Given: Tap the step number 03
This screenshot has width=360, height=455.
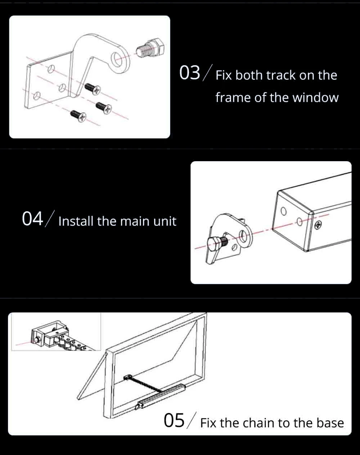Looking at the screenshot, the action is click(189, 73).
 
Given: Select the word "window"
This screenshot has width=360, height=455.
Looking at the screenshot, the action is click(315, 98).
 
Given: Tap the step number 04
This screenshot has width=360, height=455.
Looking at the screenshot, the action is click(33, 219).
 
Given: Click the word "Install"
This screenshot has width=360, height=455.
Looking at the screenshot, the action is click(76, 221).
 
